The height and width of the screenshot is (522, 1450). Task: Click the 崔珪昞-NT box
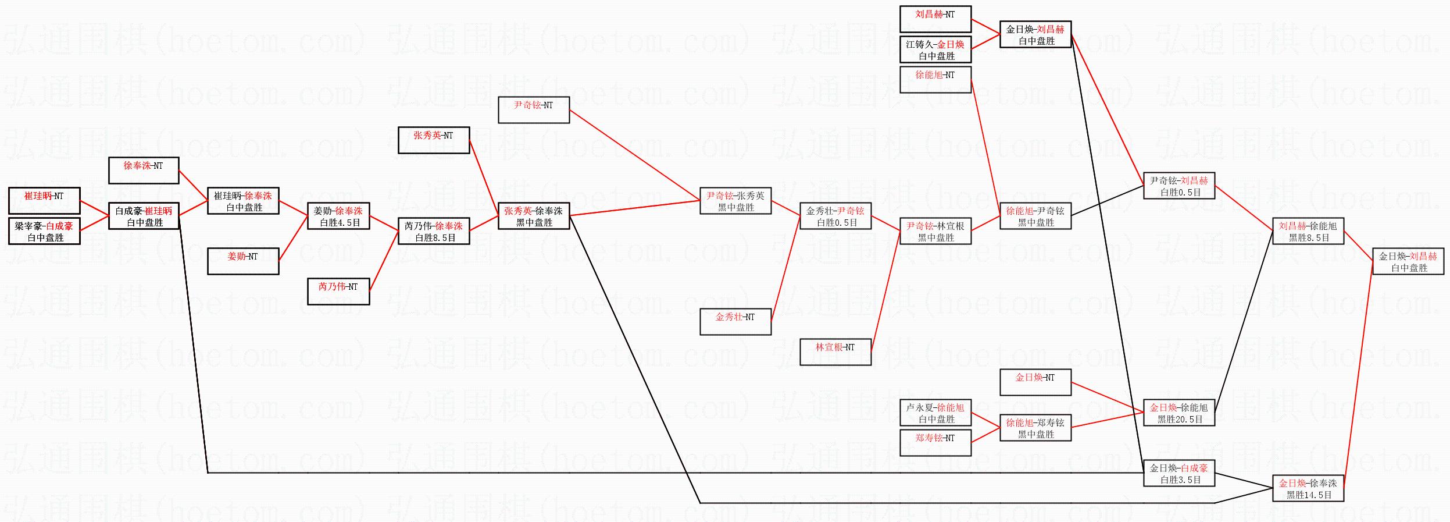click(44, 200)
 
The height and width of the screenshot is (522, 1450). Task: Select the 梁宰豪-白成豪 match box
click(44, 231)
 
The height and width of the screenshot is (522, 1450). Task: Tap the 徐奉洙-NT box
click(144, 170)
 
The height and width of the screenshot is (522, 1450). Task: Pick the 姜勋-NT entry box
click(243, 261)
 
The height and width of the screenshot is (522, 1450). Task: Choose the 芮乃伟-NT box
click(338, 291)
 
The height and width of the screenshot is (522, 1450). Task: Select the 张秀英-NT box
click(434, 140)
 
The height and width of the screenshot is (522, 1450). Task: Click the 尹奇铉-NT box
click(534, 109)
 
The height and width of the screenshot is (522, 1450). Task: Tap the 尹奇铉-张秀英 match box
click(735, 200)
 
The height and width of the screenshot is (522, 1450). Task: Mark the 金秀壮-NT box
click(735, 321)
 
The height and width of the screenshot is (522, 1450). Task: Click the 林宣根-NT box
click(835, 351)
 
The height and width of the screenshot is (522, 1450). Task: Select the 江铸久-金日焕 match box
click(935, 49)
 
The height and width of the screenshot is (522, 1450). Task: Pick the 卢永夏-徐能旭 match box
click(935, 413)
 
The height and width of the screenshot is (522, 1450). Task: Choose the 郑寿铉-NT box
click(935, 442)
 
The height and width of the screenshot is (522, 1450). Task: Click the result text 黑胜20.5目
click(1180, 419)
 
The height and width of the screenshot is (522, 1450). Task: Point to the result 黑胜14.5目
click(1309, 495)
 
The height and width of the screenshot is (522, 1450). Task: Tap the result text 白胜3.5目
click(1180, 480)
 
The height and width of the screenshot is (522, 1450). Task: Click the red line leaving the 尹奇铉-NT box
click(634, 155)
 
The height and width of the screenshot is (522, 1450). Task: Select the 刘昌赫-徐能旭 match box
click(1308, 231)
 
